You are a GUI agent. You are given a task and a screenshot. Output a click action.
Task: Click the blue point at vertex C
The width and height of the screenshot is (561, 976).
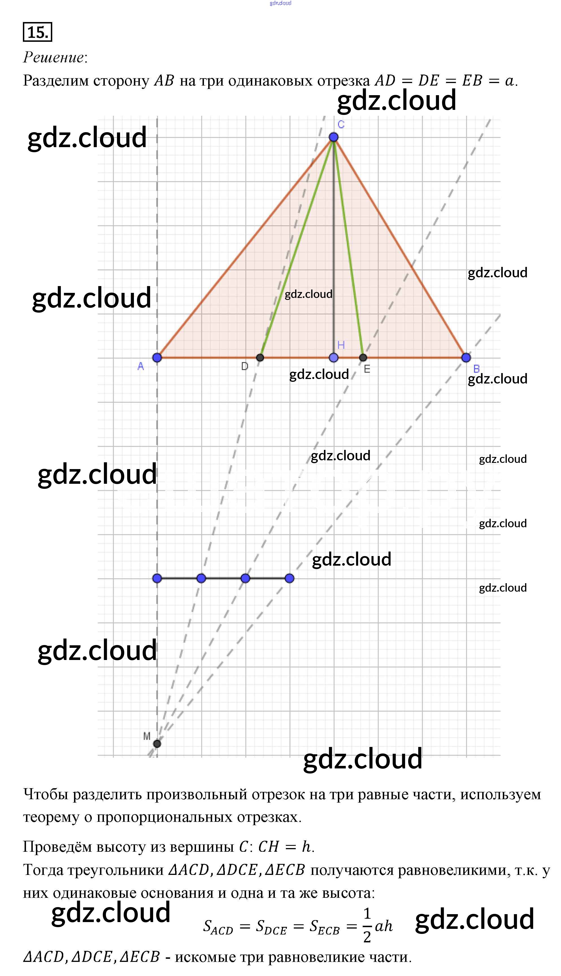click(x=334, y=137)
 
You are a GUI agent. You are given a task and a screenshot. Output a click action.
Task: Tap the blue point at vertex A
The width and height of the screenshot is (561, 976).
click(x=157, y=358)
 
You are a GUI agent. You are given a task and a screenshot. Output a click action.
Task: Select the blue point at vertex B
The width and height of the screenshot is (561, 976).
click(x=466, y=358)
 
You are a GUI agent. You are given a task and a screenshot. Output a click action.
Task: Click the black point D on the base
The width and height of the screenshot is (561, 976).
click(x=260, y=358)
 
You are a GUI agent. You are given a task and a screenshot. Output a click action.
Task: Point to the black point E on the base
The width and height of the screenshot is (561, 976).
click(x=363, y=358)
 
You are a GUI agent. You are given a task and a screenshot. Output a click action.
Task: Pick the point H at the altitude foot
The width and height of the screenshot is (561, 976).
click(x=334, y=358)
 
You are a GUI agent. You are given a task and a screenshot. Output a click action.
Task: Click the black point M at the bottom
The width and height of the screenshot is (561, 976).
click(x=157, y=743)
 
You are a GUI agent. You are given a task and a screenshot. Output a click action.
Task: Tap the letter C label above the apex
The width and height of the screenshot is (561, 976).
click(x=341, y=125)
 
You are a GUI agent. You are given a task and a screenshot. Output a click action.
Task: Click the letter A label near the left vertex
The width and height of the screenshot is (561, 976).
click(x=141, y=366)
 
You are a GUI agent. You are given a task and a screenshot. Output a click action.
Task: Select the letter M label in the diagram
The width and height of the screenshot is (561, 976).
click(x=147, y=736)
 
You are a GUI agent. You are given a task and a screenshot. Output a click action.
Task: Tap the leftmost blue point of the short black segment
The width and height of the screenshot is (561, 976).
click(x=157, y=578)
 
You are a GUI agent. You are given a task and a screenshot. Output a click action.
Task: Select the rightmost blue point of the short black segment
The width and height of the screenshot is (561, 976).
click(x=289, y=578)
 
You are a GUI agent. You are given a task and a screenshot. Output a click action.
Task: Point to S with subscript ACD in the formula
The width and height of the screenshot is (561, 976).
click(x=218, y=926)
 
